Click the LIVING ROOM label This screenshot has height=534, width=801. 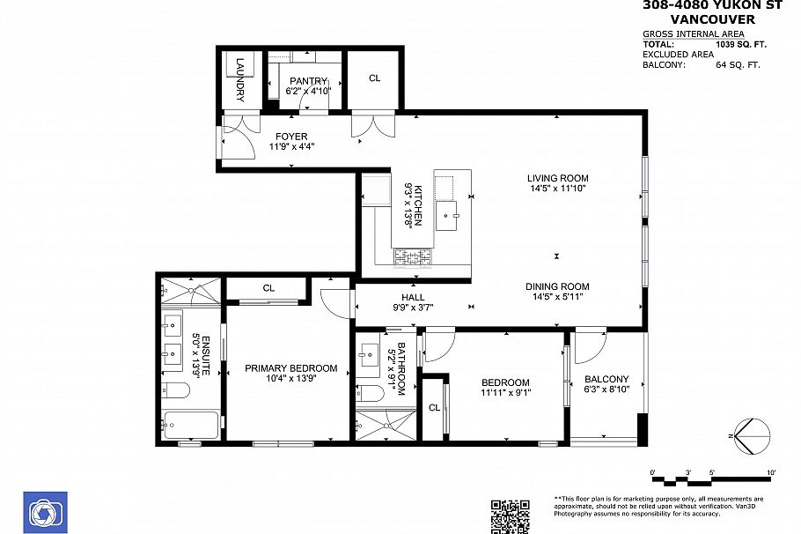pyautogui.click(x=557, y=177)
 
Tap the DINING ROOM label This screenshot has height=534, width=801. pyautogui.click(x=557, y=286)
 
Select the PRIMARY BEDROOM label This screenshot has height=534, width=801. pyautogui.click(x=290, y=368)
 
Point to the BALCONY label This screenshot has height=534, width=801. pyautogui.click(x=607, y=380)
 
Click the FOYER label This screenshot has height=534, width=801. pyautogui.click(x=290, y=137)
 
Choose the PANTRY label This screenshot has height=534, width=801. pyautogui.click(x=307, y=81)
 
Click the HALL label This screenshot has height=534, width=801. pyautogui.click(x=413, y=297)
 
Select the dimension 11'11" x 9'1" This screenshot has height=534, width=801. pyautogui.click(x=505, y=393)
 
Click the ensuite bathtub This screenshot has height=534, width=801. pyautogui.click(x=191, y=426)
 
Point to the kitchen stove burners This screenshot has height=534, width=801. pyautogui.click(x=413, y=256)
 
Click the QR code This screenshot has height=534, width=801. pyautogui.click(x=510, y=516)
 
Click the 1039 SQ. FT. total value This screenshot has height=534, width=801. pyautogui.click(x=731, y=43)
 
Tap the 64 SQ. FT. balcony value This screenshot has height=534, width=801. pyautogui.click(x=738, y=64)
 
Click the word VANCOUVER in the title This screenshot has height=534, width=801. pyautogui.click(x=712, y=19)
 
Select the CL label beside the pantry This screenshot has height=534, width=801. pyautogui.click(x=374, y=78)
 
